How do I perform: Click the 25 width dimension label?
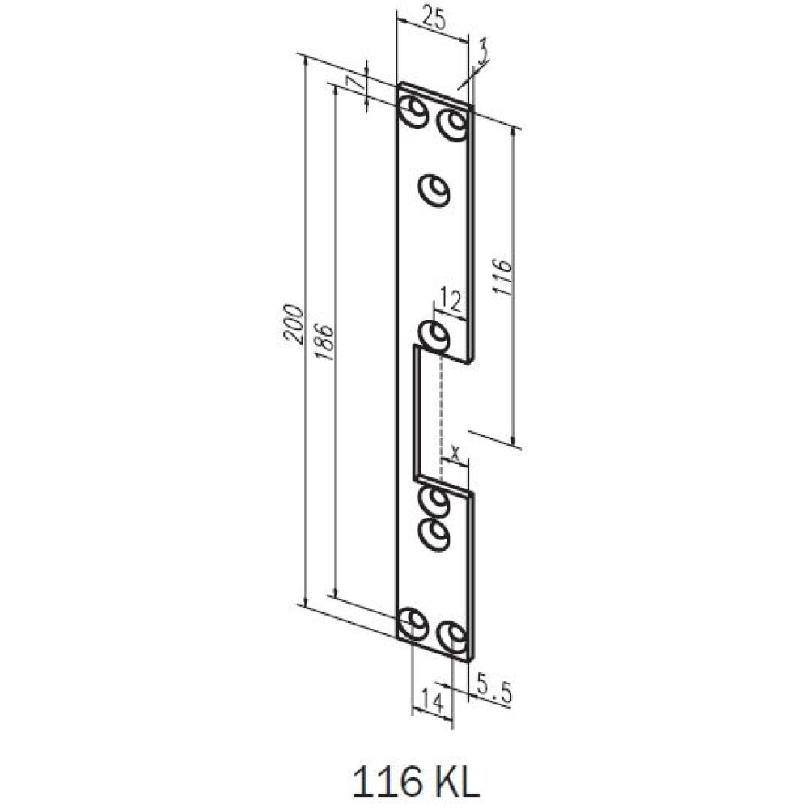tap(433, 19)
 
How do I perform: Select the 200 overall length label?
tap(294, 324)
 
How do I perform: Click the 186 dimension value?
tap(324, 342)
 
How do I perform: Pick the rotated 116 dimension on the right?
tap(502, 277)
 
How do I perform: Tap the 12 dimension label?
tap(451, 300)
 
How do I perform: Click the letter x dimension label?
tap(455, 454)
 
